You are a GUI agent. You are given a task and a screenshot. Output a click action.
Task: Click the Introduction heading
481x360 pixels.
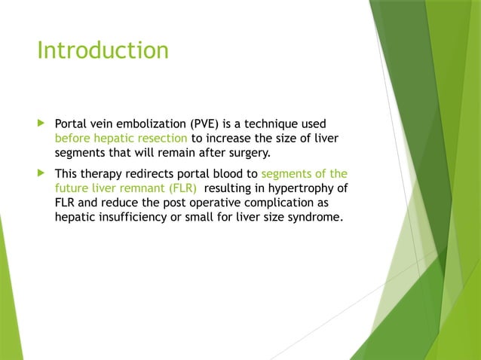tap(103, 50)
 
